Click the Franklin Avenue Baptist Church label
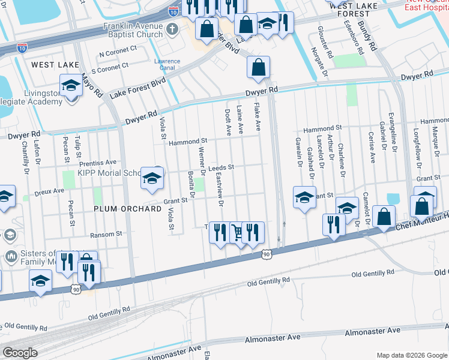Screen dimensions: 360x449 coord(133,31)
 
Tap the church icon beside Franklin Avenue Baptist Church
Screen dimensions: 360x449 coord(172,29)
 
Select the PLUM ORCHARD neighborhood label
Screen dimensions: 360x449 coord(127,209)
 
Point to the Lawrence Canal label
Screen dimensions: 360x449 coord(167,65)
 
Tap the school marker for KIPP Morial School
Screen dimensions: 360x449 coord(152,178)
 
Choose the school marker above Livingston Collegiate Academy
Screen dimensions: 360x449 coord(71,86)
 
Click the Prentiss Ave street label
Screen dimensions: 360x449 coord(98,163)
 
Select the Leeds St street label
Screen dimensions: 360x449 coord(220,169)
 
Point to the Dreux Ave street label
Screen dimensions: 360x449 coord(49,191)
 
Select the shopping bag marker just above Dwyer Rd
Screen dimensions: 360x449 coord(258,68)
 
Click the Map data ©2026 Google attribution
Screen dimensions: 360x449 coord(411,355)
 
